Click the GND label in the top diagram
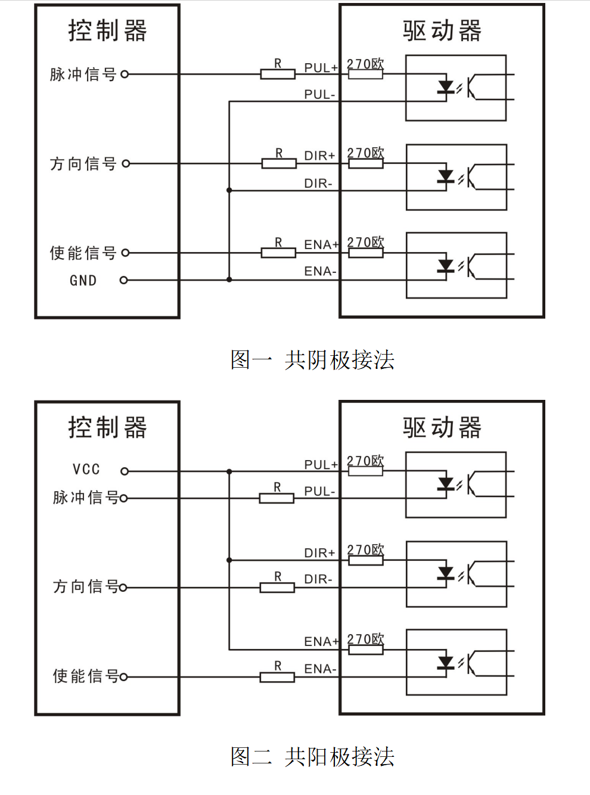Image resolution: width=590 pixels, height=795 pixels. [x=83, y=280]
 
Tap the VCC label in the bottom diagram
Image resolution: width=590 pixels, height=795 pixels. [x=86, y=470]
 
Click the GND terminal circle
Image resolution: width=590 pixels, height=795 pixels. [x=124, y=280]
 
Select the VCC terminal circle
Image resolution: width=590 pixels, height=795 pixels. [x=125, y=471]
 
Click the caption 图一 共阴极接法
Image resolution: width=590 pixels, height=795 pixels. [x=312, y=360]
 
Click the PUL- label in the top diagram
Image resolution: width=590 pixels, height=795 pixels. [x=319, y=94]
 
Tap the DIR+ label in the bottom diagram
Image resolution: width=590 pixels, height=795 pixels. [x=319, y=553]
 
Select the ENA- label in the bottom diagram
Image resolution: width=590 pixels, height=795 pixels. [x=320, y=669]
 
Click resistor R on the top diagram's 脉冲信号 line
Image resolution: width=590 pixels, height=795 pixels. [x=278, y=74]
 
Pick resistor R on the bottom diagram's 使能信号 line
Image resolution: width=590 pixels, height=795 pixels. [x=277, y=677]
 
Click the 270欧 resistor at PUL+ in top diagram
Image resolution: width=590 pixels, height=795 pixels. [x=365, y=74]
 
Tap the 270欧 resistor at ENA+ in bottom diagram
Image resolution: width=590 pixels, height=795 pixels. [x=365, y=650]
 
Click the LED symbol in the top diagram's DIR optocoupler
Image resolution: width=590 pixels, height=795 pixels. [x=446, y=176]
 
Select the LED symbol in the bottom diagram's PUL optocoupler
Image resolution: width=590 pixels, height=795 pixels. [x=446, y=484]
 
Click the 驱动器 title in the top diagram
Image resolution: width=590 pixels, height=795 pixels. [x=442, y=31]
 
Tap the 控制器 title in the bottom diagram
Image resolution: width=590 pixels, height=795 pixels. [x=107, y=427]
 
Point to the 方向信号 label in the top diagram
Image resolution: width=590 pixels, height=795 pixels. [x=83, y=163]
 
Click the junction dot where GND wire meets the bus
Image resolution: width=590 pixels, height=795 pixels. [x=229, y=280]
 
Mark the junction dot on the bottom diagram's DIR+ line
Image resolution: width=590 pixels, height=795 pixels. [x=229, y=560]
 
